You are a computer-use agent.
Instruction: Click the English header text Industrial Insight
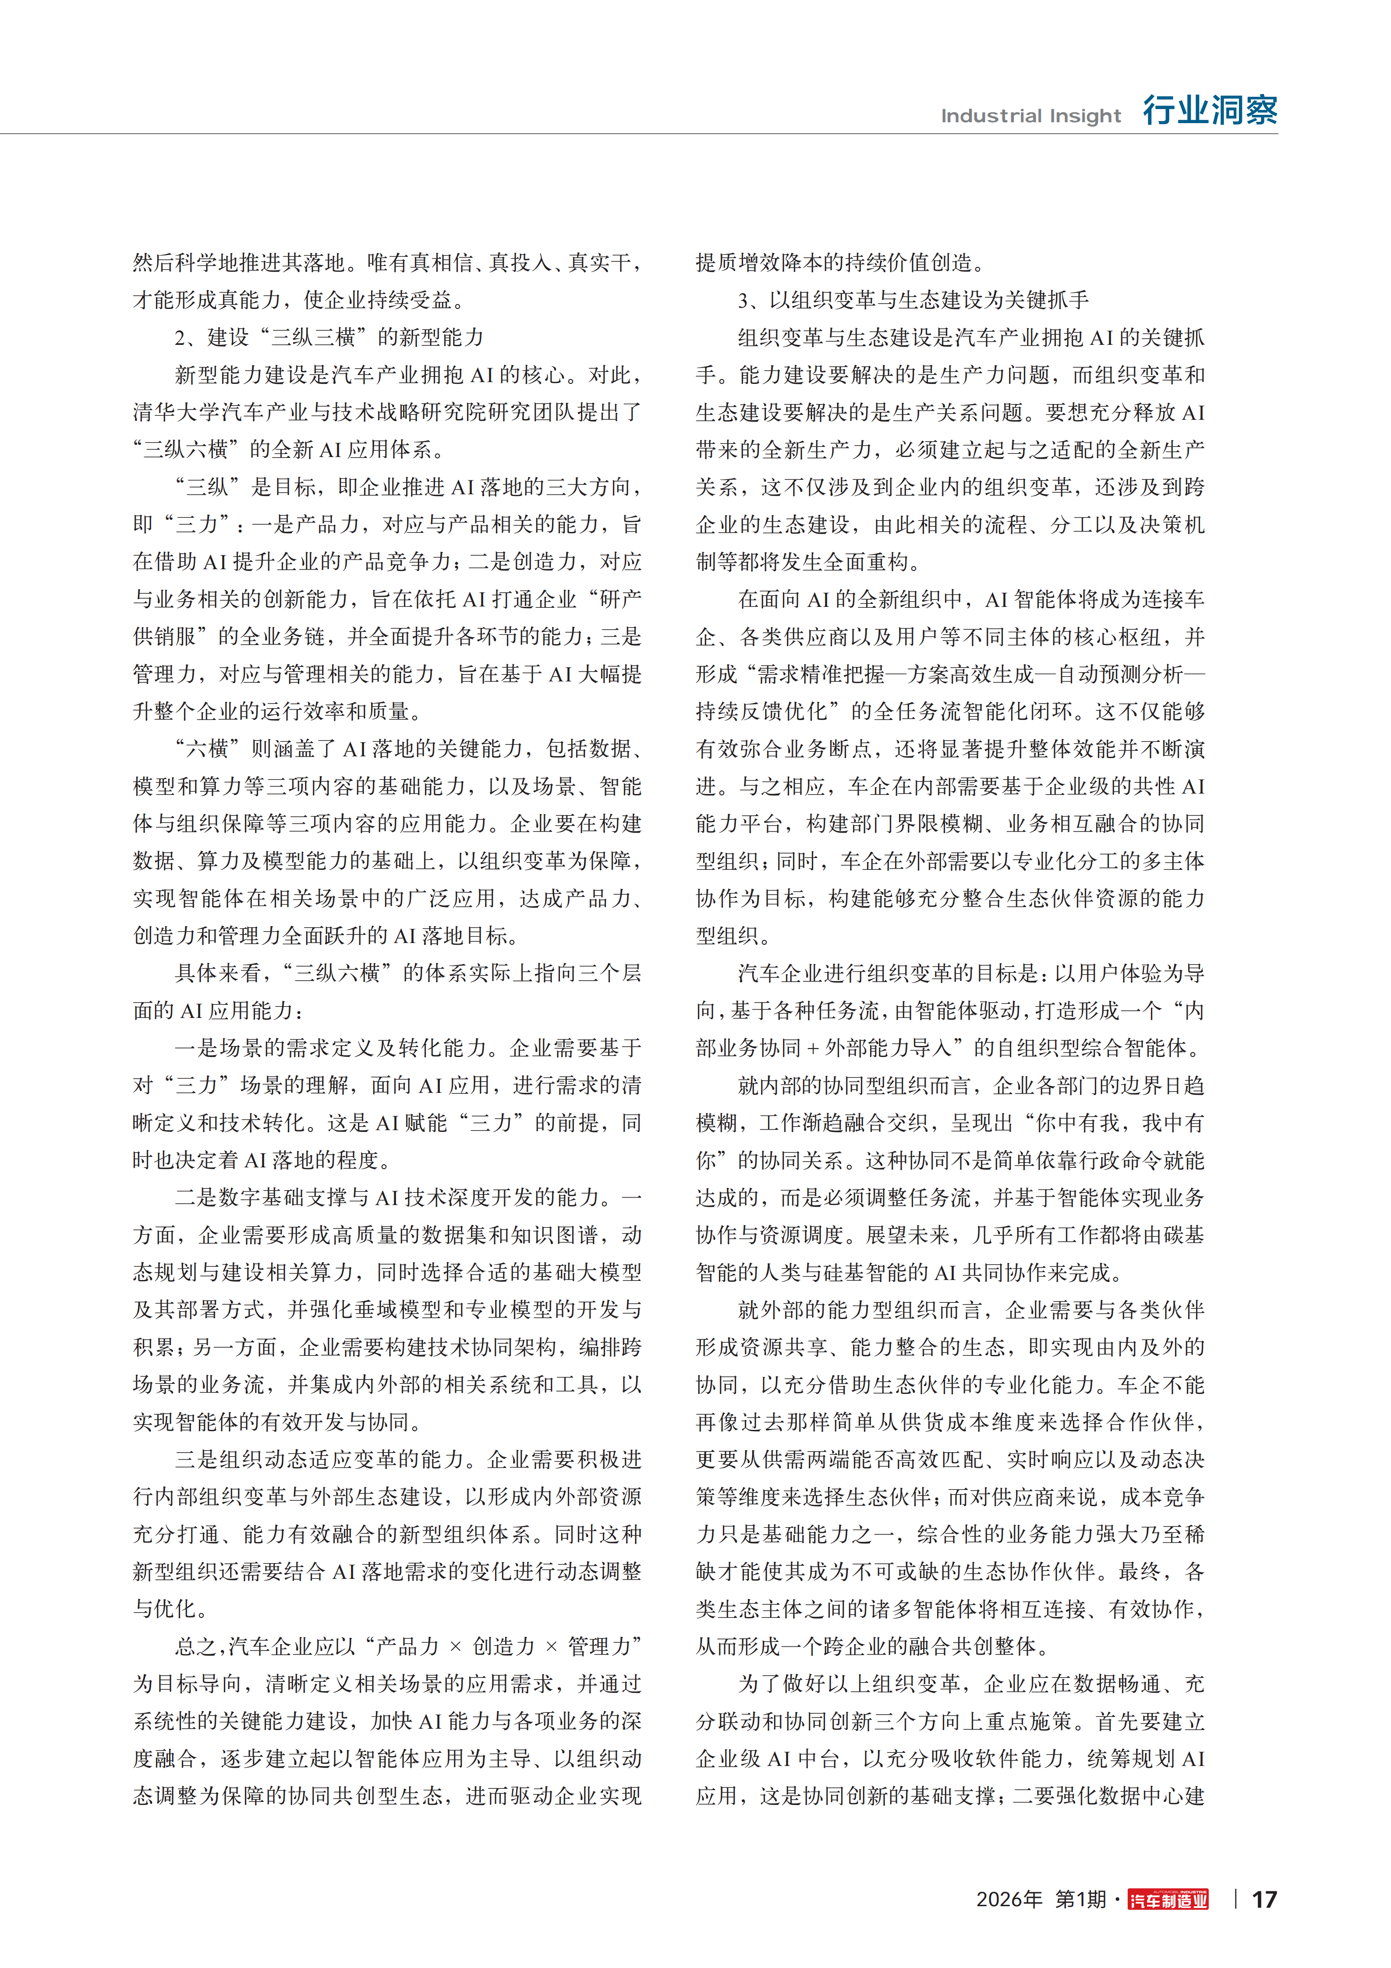pos(1030,116)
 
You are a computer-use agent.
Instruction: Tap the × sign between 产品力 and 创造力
pos(455,1646)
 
